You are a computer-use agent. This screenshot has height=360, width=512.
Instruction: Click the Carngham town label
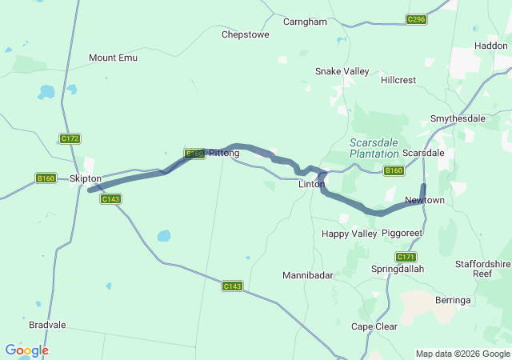coord(305,22)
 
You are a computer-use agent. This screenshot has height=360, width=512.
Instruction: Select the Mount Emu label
coord(113,58)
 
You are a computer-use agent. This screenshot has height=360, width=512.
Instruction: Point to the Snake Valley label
coord(342,71)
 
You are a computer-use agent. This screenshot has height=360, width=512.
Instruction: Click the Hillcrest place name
coord(398,81)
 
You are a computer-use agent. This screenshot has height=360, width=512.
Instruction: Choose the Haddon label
coord(490,46)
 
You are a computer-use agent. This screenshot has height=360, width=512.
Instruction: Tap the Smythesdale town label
coord(458,118)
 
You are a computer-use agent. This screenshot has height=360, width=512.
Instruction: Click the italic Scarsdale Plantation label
coord(374,148)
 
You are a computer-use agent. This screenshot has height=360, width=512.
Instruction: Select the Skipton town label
coord(86,178)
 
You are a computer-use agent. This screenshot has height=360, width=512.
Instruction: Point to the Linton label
coord(311,184)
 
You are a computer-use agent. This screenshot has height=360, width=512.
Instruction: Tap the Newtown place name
coord(424,199)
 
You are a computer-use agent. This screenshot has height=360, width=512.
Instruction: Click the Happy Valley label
coord(349,234)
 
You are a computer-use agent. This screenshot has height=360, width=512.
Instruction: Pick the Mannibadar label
coord(307,275)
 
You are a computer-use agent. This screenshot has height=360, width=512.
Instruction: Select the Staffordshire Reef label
coord(482,269)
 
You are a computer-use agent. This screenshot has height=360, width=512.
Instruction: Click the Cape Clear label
coord(374,326)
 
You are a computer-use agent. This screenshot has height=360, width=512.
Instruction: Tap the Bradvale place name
coord(47,325)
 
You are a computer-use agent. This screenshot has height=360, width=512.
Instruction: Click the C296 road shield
coord(416,19)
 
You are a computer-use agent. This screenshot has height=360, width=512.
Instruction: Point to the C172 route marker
coord(70,138)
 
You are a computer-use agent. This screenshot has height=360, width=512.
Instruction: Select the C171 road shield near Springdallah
coord(406,257)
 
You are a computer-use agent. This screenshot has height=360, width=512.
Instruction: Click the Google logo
coord(26,350)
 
